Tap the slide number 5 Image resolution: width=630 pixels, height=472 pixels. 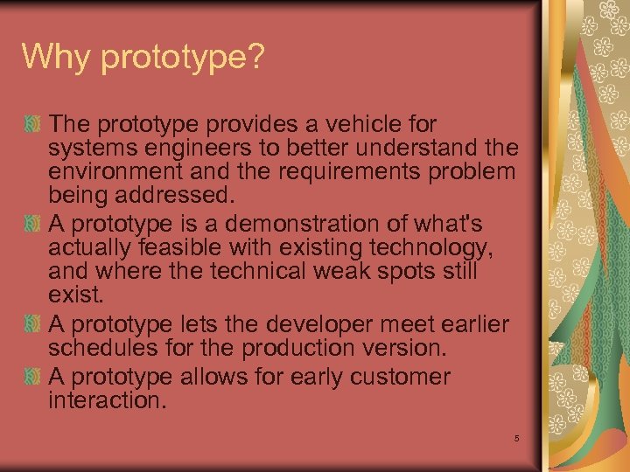tap(517, 438)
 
